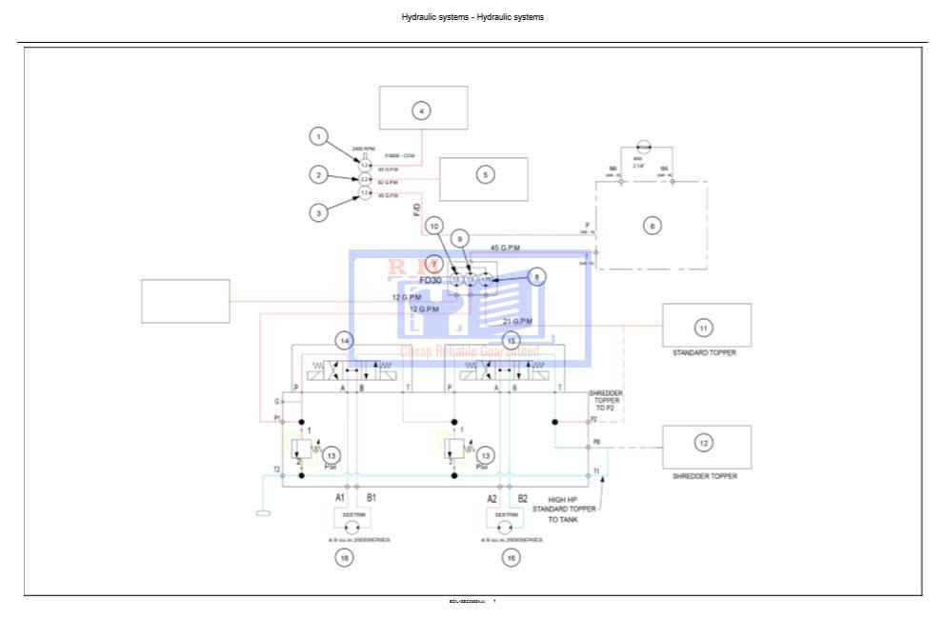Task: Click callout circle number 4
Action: (422, 110)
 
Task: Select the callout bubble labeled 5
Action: (485, 174)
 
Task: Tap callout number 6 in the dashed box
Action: (653, 226)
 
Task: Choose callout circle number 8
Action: (537, 277)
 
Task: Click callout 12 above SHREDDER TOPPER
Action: (703, 443)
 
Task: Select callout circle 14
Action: (345, 340)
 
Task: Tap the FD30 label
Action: (432, 281)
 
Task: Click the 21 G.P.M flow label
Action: (517, 321)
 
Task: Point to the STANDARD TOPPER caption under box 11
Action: (705, 352)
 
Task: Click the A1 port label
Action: (339, 498)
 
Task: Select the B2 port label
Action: (522, 498)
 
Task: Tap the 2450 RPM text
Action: (364, 150)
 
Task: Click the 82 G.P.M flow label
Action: (388, 181)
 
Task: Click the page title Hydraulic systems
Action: (472, 17)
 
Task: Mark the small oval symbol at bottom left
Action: (264, 514)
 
